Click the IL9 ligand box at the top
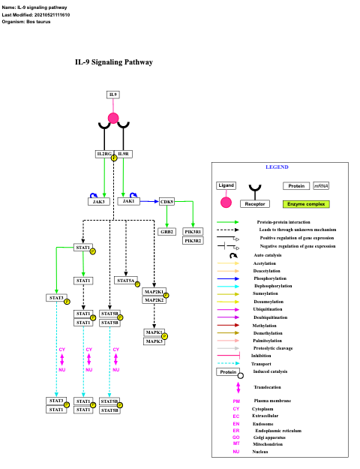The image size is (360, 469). pyautogui.click(x=113, y=95)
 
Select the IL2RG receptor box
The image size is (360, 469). pyautogui.click(x=103, y=154)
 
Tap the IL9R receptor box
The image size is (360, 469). pyautogui.click(x=124, y=154)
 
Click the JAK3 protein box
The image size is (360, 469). pyautogui.click(x=99, y=201)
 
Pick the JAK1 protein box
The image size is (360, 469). pyautogui.click(x=129, y=201)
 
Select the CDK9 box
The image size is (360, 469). pyautogui.click(x=166, y=201)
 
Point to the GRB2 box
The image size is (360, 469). pyautogui.click(x=166, y=232)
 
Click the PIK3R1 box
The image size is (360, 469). pyautogui.click(x=193, y=232)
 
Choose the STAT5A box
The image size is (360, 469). pyautogui.click(x=126, y=280)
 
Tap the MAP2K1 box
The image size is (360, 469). pyautogui.click(x=154, y=292)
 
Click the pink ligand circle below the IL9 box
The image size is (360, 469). pyautogui.click(x=113, y=118)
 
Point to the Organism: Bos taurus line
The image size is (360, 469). pyautogui.click(x=29, y=22)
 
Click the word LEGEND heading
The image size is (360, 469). pyautogui.click(x=277, y=167)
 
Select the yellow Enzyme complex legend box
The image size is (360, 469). pyautogui.click(x=306, y=203)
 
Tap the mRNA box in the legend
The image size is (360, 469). pyautogui.click(x=321, y=185)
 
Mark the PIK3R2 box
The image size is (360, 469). pyautogui.click(x=193, y=240)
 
